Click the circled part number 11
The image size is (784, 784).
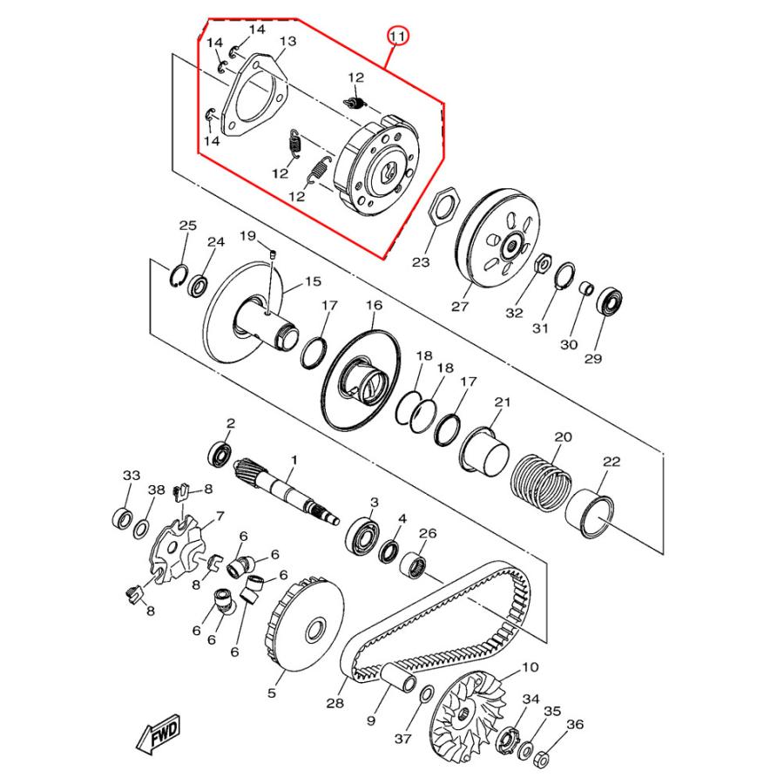pyautogui.click(x=398, y=36)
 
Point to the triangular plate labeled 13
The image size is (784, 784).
pyautogui.click(x=255, y=96)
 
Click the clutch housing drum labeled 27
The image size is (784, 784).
pyautogui.click(x=498, y=239)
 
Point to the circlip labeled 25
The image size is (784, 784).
pyautogui.click(x=178, y=276)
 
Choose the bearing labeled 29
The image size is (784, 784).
pyautogui.click(x=610, y=301)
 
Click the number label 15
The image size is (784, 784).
pyautogui.click(x=313, y=282)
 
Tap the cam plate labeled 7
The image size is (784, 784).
pyautogui.click(x=177, y=551)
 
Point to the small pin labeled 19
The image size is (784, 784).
pyautogui.click(x=273, y=254)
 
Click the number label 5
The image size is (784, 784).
pyautogui.click(x=272, y=693)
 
